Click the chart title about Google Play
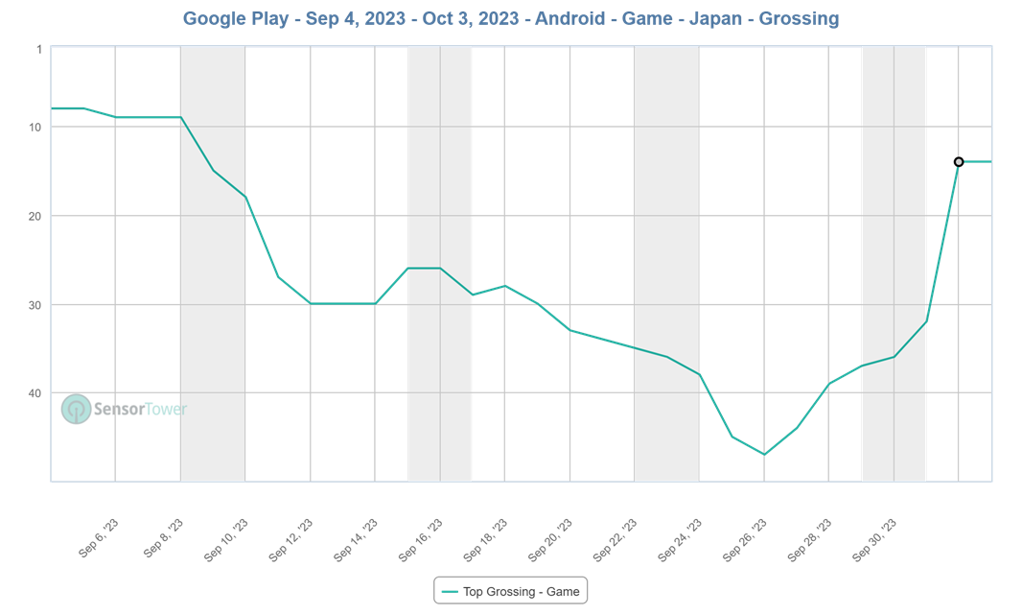pyautogui.click(x=511, y=18)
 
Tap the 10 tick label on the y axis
pyautogui.click(x=35, y=128)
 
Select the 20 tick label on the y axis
pyautogui.click(x=35, y=217)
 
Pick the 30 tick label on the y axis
pyautogui.click(x=35, y=305)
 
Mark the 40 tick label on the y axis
pyautogui.click(x=35, y=393)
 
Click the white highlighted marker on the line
pyautogui.click(x=958, y=161)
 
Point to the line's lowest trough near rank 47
pyautogui.click(x=764, y=455)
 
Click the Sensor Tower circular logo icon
pyautogui.click(x=75, y=410)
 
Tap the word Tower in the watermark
pyautogui.click(x=165, y=410)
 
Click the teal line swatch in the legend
pyautogui.click(x=449, y=591)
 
